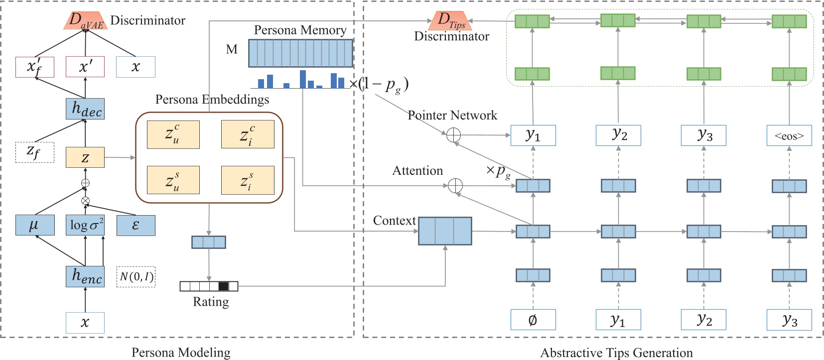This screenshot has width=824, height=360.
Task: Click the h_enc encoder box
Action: click(x=85, y=276)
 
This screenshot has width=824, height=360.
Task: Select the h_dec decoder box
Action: click(x=85, y=109)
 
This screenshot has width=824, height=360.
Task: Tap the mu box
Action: click(x=34, y=225)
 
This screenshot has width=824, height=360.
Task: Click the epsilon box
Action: click(x=136, y=225)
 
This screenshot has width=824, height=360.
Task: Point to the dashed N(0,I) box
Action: click(x=136, y=277)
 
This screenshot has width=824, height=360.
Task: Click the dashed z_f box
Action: click(x=34, y=152)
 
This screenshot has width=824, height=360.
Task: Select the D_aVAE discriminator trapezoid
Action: click(x=86, y=20)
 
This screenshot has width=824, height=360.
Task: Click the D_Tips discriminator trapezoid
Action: click(x=450, y=20)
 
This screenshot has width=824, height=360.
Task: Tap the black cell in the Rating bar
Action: click(x=223, y=286)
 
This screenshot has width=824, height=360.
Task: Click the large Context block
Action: click(x=445, y=231)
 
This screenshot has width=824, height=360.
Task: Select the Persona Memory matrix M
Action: click(x=300, y=53)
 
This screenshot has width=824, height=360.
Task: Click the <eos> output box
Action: click(x=789, y=135)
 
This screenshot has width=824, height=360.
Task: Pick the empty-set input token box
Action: click(x=533, y=320)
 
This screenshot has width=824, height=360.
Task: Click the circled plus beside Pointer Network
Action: click(x=453, y=135)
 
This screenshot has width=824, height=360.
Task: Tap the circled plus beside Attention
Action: click(x=455, y=186)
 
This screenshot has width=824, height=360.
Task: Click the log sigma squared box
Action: click(x=86, y=225)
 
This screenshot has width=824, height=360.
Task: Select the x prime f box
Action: click(x=34, y=67)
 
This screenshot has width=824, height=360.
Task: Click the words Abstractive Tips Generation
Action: click(x=616, y=353)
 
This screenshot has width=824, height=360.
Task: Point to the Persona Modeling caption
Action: click(x=181, y=353)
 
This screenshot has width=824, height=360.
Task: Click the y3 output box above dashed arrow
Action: click(x=703, y=135)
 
